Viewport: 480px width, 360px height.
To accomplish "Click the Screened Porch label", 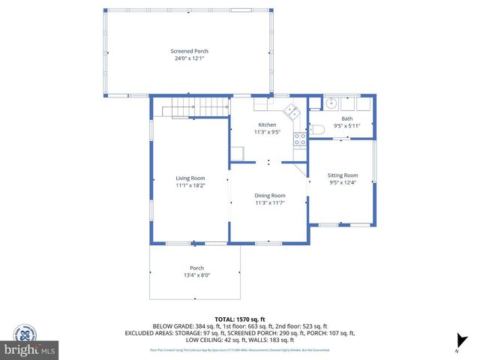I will [187, 51].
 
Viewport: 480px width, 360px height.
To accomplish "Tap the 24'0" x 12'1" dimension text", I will [187, 58].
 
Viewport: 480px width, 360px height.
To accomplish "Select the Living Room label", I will [190, 178].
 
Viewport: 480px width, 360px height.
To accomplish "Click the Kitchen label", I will [268, 124].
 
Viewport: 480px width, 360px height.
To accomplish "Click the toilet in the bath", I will [316, 130].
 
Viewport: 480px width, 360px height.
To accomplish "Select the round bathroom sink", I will [331, 104].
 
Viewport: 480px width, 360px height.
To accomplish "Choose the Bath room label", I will [346, 118].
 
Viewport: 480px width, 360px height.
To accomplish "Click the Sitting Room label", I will [343, 175].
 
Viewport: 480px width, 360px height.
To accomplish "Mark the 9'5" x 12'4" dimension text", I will [343, 182].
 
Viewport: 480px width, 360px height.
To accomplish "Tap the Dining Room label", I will [269, 195].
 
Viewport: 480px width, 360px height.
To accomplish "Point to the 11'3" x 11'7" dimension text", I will [269, 202].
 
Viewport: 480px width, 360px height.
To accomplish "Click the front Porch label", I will [196, 268].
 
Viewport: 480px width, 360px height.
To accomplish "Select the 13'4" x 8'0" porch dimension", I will [196, 275].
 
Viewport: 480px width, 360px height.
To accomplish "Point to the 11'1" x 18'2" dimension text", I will [190, 185].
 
